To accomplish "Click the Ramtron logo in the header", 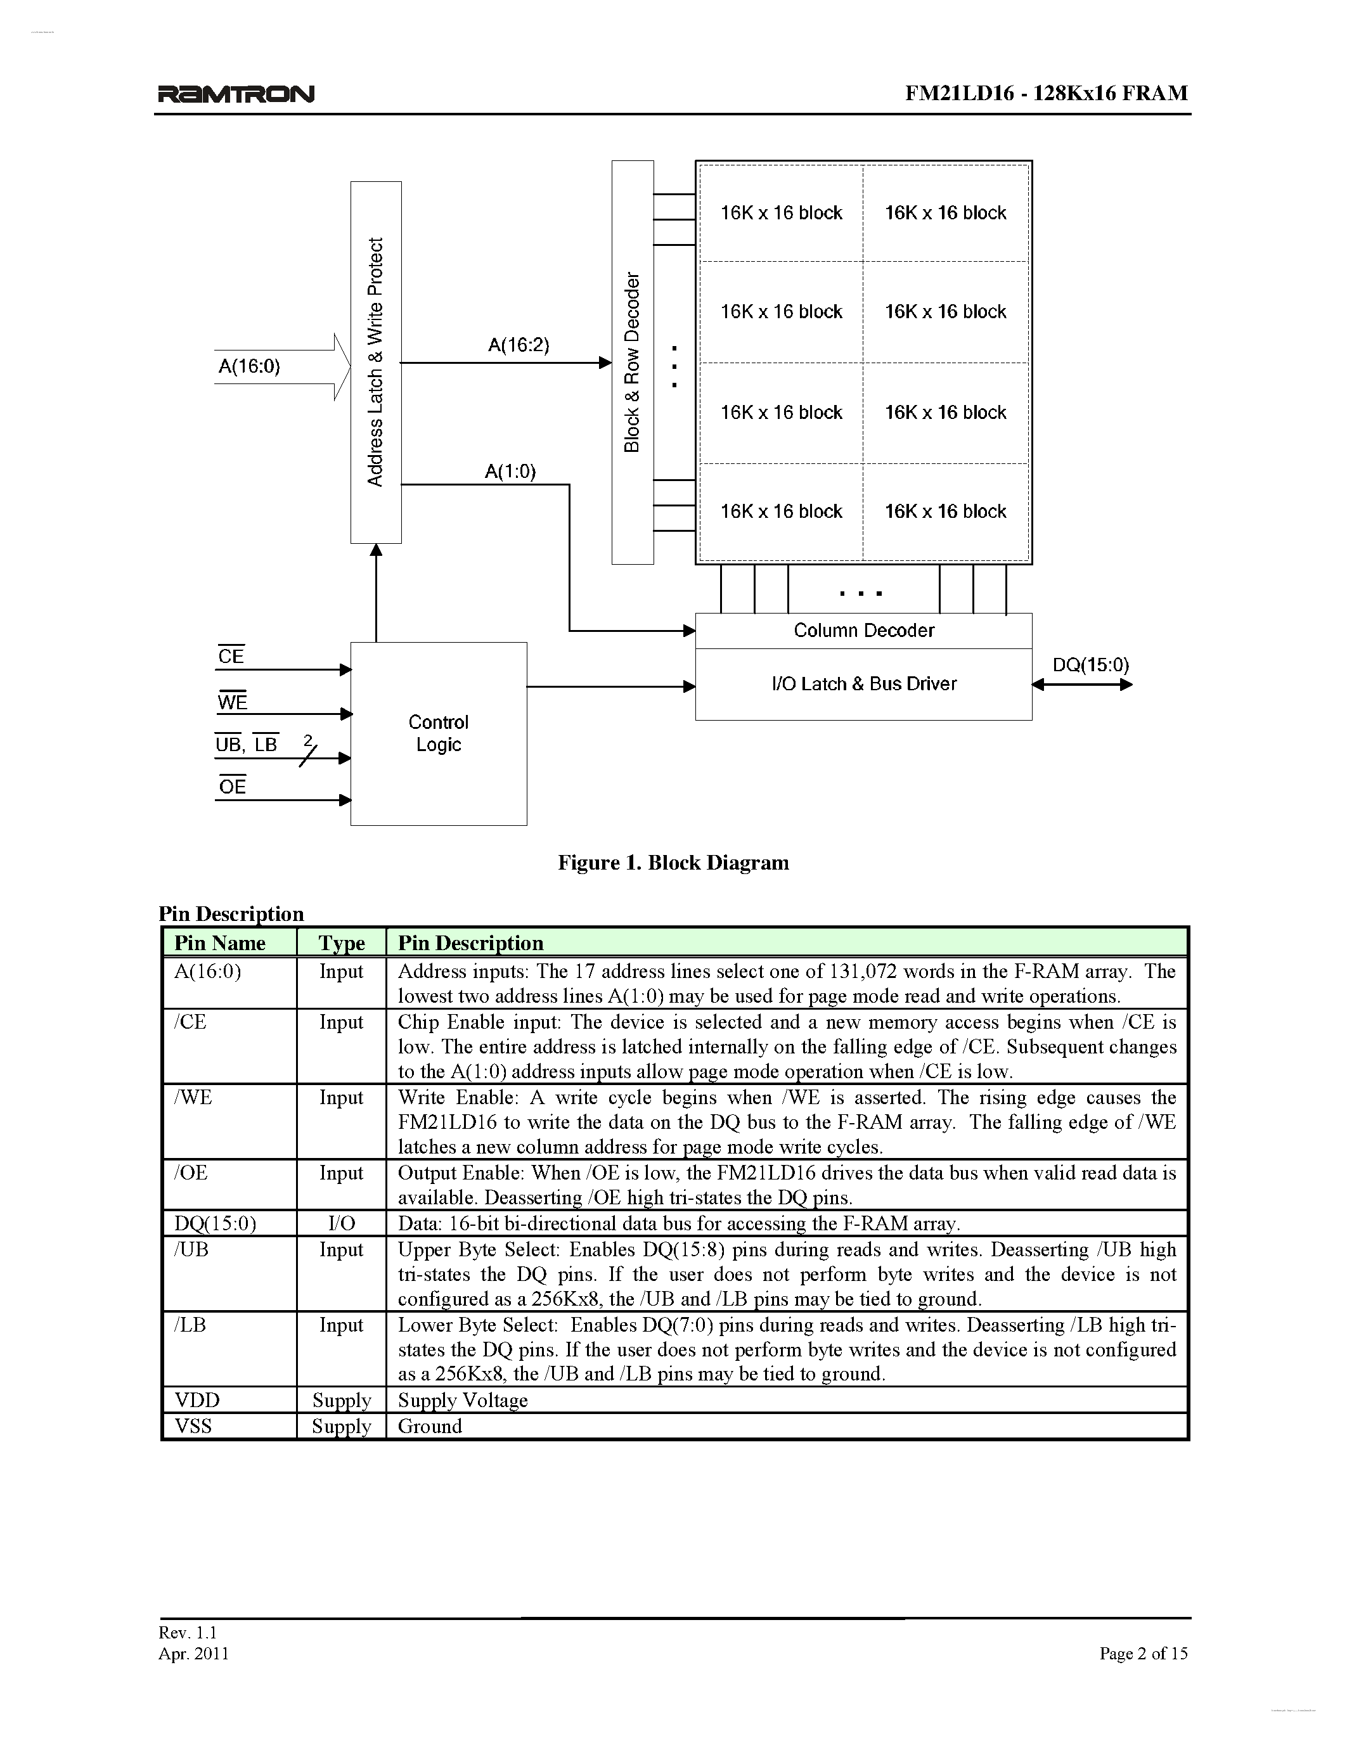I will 235,94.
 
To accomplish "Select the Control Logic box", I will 438,733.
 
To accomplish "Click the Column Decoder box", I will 863,631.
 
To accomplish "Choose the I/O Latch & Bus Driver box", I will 863,684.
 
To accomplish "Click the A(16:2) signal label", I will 519,345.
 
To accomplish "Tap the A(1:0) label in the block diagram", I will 510,472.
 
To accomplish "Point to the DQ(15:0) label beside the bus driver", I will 1090,665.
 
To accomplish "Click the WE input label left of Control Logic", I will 232,702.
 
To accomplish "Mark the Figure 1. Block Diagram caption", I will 673,863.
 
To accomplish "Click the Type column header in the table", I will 342,943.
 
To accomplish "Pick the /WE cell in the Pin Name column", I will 193,1097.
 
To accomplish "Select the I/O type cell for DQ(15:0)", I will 342,1223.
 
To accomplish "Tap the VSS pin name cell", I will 193,1426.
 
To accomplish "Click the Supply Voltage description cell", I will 463,1401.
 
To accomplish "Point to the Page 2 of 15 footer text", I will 1143,1653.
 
